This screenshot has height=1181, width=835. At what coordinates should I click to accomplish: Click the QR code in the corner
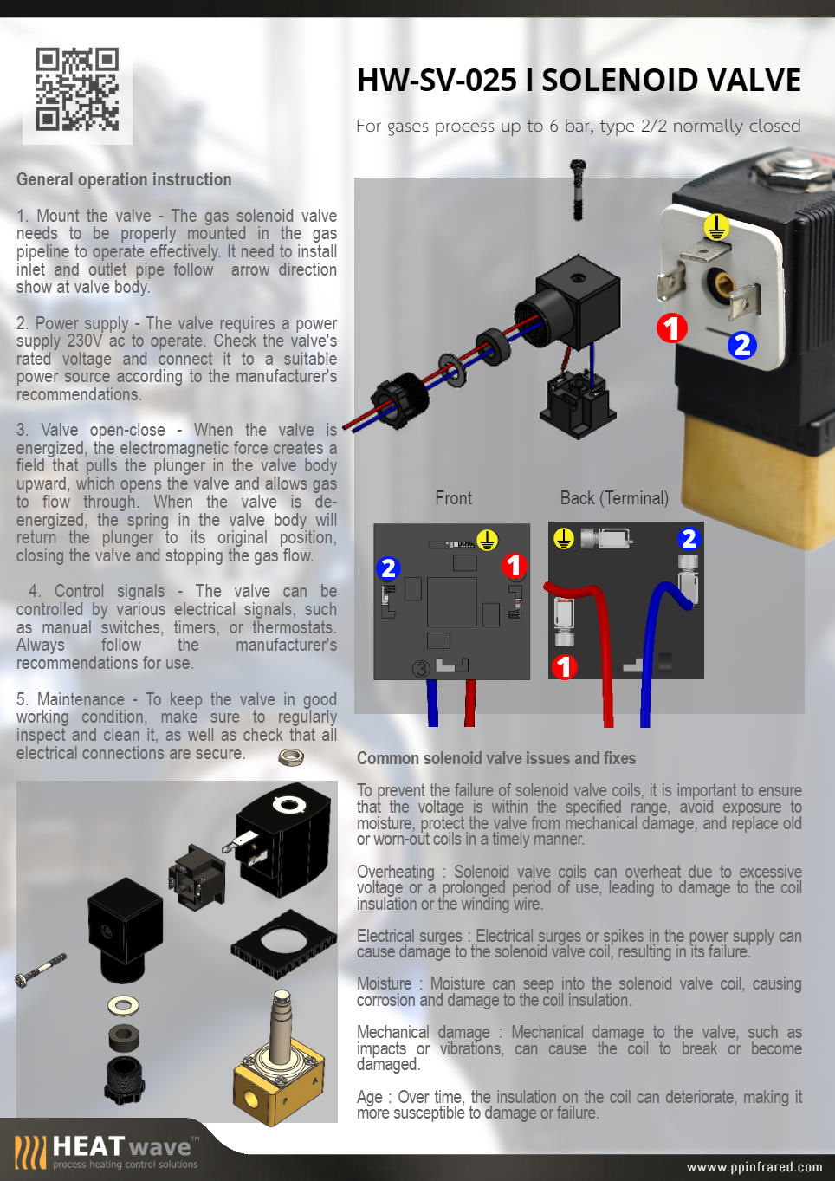[77, 89]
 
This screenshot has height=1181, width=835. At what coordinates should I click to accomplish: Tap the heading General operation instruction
[124, 179]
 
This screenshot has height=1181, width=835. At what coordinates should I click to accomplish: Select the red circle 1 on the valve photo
[671, 328]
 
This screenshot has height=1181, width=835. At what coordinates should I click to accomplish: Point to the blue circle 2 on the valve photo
[741, 345]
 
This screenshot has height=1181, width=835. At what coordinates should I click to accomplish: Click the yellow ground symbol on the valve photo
[715, 227]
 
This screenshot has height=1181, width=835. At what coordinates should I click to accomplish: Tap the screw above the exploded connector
[578, 188]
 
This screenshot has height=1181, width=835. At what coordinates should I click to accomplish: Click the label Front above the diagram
[453, 498]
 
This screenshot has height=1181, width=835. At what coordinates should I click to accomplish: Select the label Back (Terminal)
[614, 498]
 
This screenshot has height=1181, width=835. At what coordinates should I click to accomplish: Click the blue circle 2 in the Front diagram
[388, 568]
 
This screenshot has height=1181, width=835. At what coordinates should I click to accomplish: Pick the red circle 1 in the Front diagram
[515, 566]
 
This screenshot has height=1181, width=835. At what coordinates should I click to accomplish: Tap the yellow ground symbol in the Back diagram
[564, 539]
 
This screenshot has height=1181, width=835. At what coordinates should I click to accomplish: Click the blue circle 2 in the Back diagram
[689, 539]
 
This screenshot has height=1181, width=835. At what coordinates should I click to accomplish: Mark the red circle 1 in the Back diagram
[565, 666]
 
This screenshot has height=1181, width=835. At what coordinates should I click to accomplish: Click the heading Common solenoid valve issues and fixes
[496, 758]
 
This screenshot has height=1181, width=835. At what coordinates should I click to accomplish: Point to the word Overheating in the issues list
[396, 872]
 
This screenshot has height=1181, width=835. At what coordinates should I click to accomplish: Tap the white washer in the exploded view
[123, 1005]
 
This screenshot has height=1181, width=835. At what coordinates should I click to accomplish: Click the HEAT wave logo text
[121, 1147]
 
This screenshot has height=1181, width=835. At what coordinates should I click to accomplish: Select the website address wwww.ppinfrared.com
[754, 1167]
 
